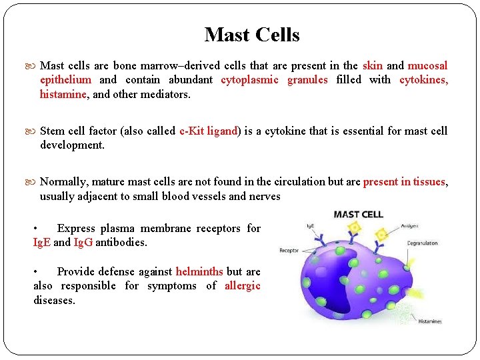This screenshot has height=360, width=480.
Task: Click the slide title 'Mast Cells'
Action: tap(252, 35)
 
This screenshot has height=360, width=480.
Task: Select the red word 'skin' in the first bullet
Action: tap(372, 65)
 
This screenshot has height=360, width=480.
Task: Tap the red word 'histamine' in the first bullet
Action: tap(63, 94)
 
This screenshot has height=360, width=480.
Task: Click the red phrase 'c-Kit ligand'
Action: tap(209, 131)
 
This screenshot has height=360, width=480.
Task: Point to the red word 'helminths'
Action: tap(199, 271)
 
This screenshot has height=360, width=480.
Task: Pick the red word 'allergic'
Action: tap(242, 285)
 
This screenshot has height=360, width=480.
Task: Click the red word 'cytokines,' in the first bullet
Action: tap(423, 79)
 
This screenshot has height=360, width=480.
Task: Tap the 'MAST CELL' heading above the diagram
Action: tap(358, 214)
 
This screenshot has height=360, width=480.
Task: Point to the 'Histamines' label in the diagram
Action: tap(430, 321)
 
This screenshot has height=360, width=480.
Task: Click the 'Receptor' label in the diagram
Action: tap(289, 251)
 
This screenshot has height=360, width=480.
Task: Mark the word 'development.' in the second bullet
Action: tap(72, 145)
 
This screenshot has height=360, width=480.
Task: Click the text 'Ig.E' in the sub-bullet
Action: tap(42, 242)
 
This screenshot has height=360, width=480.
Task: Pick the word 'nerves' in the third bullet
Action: tap(264, 196)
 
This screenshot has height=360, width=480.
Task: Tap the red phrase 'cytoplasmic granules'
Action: tap(274, 79)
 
